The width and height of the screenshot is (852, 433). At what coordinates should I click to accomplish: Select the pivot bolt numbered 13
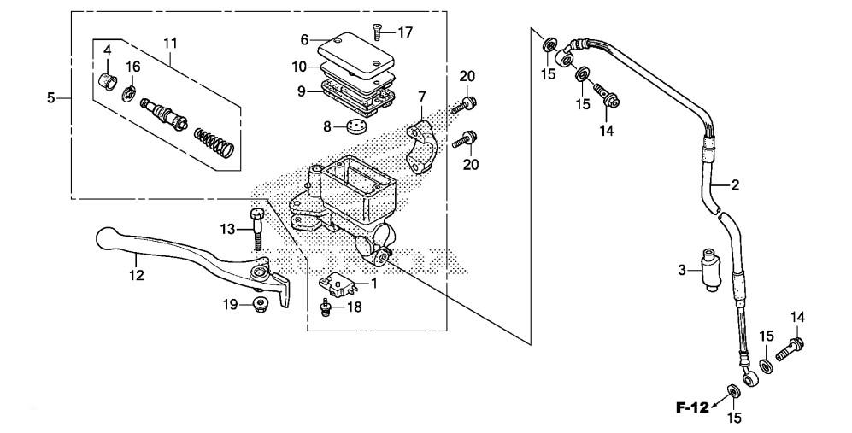pos(256,228)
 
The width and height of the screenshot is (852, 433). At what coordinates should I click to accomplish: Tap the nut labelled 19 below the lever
pos(259,303)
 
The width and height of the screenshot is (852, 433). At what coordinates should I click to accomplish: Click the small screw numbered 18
pos(326,307)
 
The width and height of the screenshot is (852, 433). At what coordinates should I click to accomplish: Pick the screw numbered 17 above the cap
pos(376,33)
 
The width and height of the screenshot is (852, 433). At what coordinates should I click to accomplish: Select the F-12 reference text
pos(691,407)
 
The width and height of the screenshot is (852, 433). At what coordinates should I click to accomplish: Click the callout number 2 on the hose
pos(734,184)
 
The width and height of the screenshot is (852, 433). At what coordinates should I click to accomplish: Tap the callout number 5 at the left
pos(51,98)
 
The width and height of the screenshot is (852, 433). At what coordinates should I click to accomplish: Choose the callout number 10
pos(298,66)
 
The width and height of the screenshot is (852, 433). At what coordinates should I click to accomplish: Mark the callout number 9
pos(302,89)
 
